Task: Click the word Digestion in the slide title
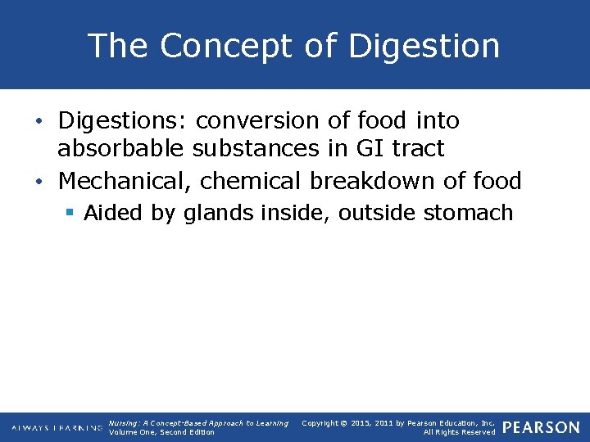click(424, 46)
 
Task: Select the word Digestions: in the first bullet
click(123, 121)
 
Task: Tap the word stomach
click(468, 214)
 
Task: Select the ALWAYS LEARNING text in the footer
click(57, 428)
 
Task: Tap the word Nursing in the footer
click(122, 423)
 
